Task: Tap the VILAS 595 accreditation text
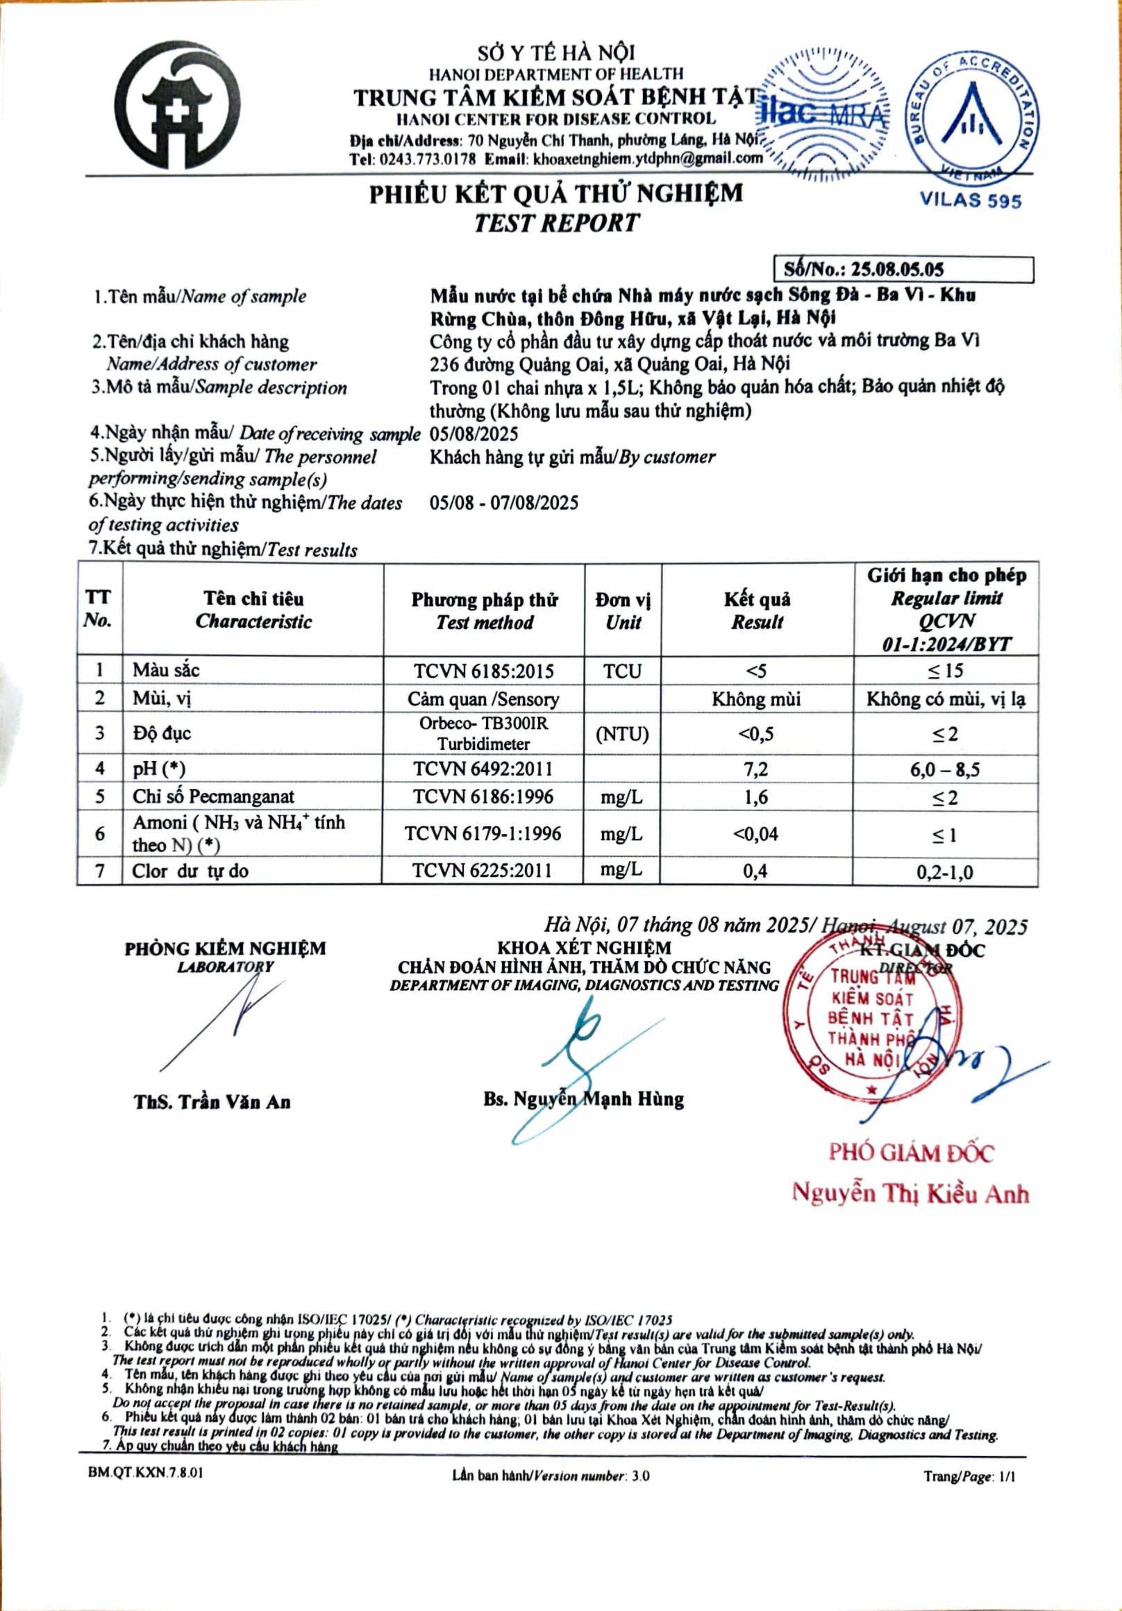[x=971, y=200]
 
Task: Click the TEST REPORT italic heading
[x=555, y=223]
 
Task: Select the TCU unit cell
[x=622, y=672]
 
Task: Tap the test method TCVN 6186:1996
[x=483, y=797]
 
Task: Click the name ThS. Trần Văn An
[x=212, y=1101]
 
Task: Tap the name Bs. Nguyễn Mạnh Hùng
[x=583, y=1099]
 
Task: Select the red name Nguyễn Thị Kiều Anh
[x=910, y=1194]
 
